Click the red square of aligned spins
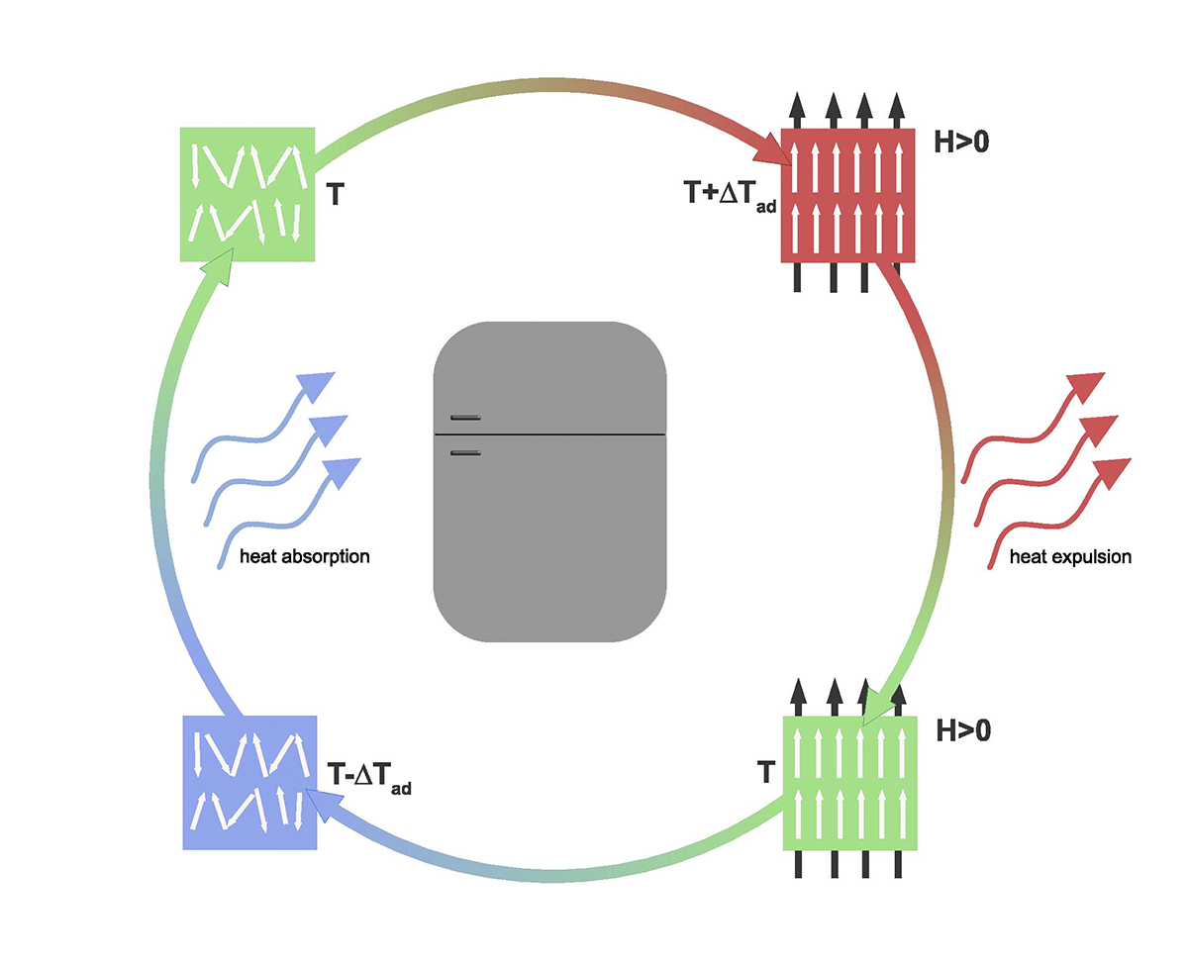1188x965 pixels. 848,195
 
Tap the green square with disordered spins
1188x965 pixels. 247,194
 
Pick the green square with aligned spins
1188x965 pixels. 849,782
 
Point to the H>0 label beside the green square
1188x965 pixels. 962,731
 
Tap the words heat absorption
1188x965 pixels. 305,556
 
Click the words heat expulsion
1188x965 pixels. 1069,557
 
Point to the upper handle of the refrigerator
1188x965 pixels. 465,418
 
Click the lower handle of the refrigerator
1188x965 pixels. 465,452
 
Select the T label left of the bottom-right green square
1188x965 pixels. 763,773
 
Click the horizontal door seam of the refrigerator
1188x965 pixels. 549,434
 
